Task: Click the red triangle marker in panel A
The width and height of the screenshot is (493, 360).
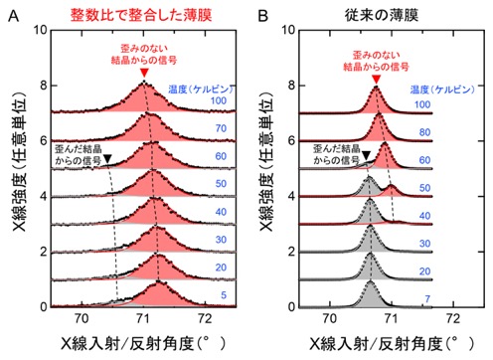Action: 144,73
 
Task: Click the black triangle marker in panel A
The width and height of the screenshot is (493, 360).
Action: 107,159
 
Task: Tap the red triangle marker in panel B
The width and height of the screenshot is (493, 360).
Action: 376,80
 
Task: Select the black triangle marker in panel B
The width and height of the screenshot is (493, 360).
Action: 366,155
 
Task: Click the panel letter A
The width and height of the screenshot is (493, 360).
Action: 13,16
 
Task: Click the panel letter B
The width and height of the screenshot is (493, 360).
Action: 262,16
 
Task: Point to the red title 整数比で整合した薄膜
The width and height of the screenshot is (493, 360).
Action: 141,15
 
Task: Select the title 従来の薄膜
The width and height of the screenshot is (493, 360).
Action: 382,15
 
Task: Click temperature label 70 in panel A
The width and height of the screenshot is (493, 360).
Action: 221,128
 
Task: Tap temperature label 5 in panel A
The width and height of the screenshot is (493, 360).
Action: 224,295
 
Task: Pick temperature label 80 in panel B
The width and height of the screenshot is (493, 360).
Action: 424,132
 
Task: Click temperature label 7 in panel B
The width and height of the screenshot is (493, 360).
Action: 427,299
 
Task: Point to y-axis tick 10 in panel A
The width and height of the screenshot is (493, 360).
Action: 40,30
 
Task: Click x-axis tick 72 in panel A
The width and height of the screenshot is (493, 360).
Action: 205,319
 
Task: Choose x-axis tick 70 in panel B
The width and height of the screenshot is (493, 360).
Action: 329,319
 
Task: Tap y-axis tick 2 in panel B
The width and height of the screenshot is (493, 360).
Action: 291,252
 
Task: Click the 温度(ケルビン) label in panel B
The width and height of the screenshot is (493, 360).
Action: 442,90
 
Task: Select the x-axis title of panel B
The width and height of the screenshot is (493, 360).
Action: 393,344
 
